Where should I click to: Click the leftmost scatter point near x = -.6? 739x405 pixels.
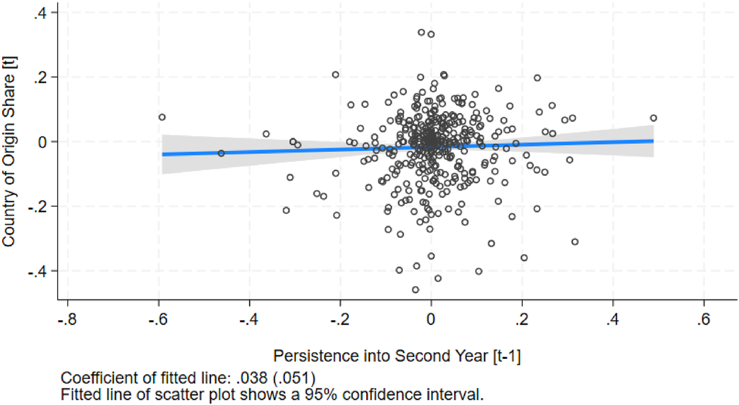[x=162, y=117]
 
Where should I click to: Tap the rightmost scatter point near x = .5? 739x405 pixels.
[x=653, y=118]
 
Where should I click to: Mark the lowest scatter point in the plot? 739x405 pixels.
[x=415, y=290]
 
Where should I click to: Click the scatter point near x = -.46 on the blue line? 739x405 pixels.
[x=221, y=153]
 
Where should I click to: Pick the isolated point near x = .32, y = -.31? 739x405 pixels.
[x=575, y=242]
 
